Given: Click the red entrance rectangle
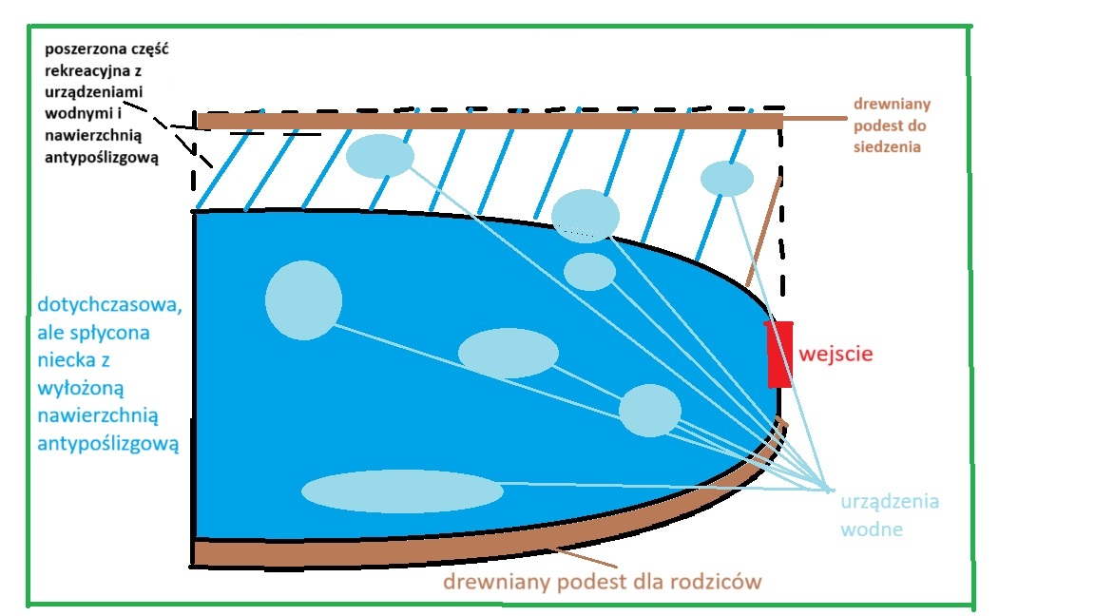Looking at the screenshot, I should pyautogui.click(x=779, y=354).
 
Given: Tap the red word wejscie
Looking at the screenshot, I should pyautogui.click(x=836, y=355).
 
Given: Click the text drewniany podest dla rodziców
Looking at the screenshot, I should pyautogui.click(x=603, y=580).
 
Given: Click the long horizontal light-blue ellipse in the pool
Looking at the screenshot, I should pyautogui.click(x=402, y=491).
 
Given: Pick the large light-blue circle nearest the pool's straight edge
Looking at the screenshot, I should pyautogui.click(x=303, y=300).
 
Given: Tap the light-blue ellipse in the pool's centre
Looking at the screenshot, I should pyautogui.click(x=508, y=353).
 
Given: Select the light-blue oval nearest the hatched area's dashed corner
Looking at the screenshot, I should pyautogui.click(x=379, y=156).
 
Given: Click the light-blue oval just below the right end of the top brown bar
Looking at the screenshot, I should pyautogui.click(x=727, y=179).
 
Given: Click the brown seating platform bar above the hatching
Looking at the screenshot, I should pyautogui.click(x=489, y=121).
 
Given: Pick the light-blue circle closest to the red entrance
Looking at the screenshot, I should pyautogui.click(x=650, y=411).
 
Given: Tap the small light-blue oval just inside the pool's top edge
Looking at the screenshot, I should pyautogui.click(x=589, y=272).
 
